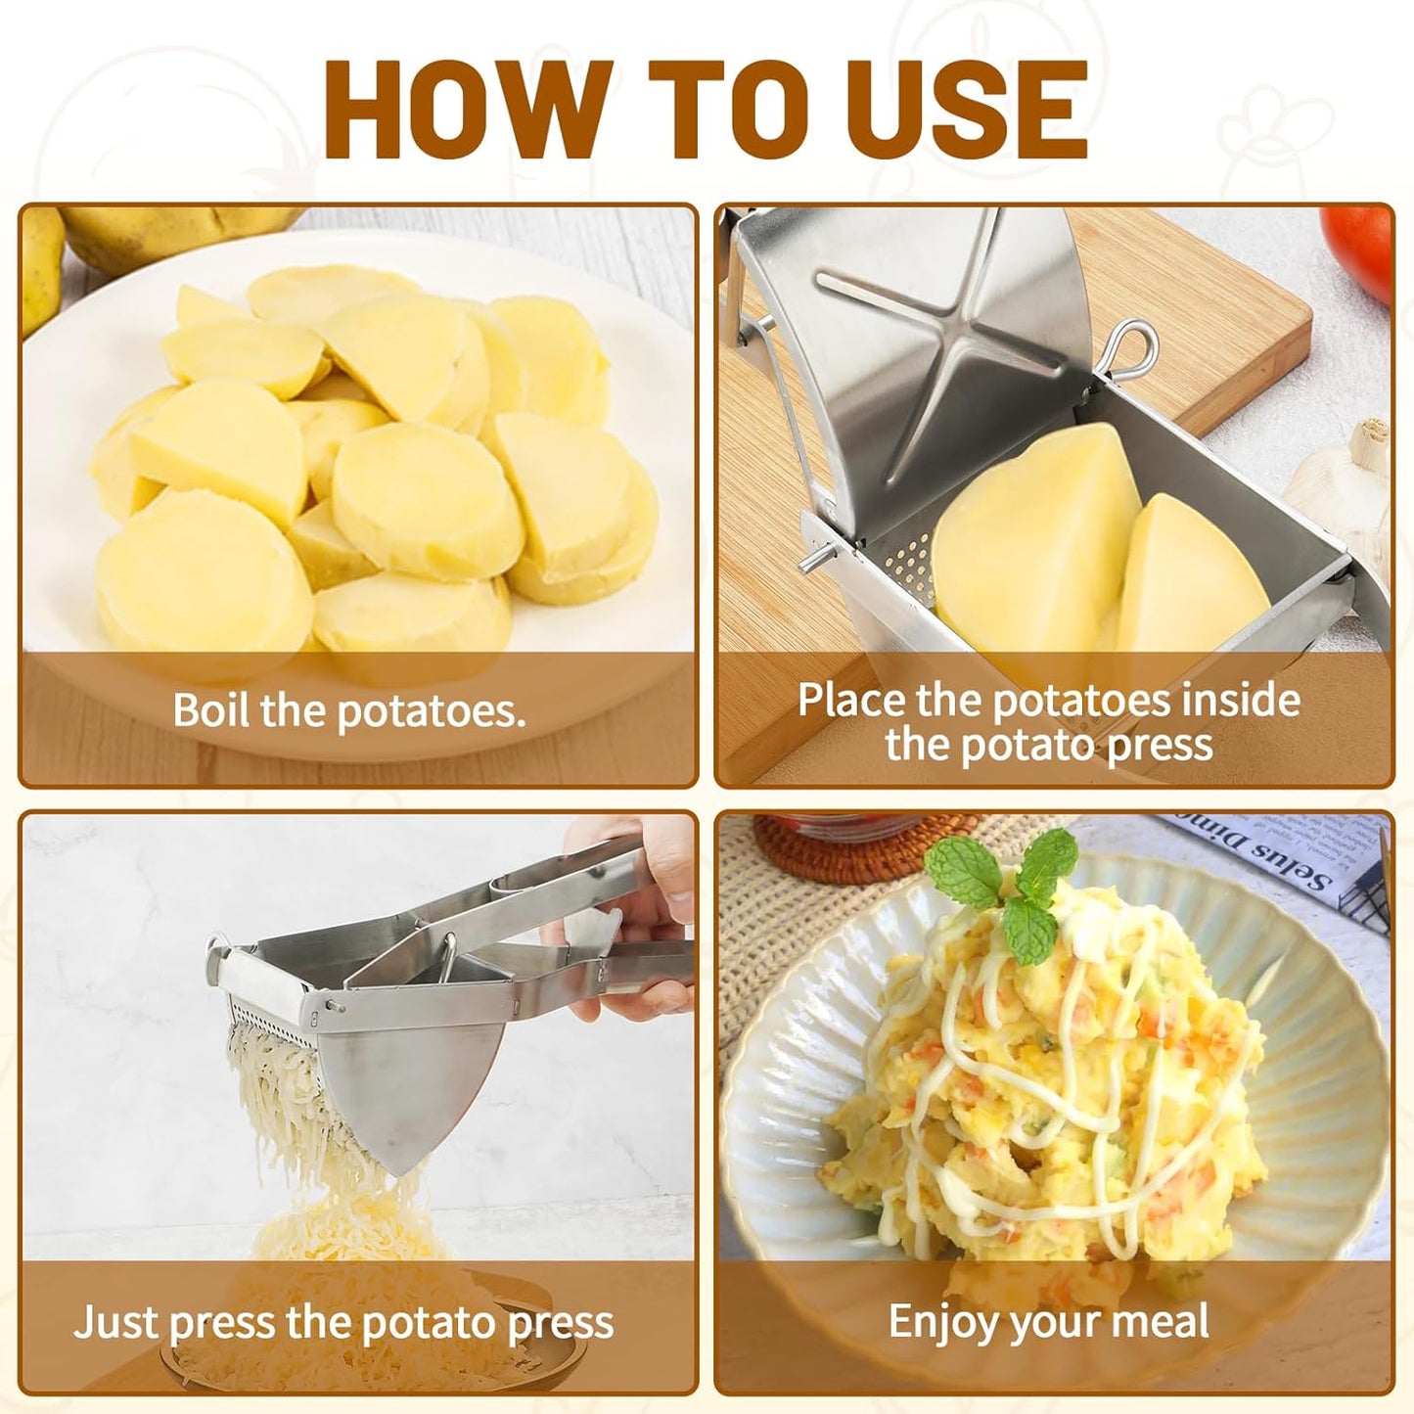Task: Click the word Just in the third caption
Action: click(x=115, y=1323)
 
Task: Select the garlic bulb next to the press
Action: click(x=1346, y=479)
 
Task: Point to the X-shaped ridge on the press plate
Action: click(x=939, y=323)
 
